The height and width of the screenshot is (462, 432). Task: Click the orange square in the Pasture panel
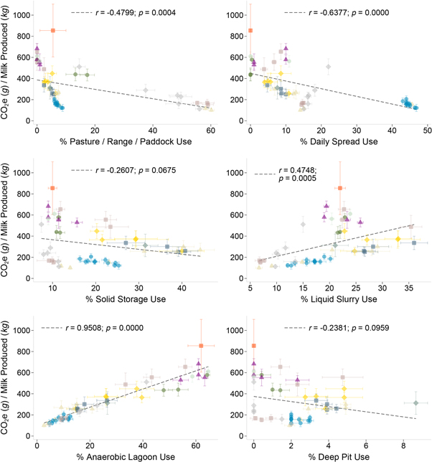click(x=53, y=30)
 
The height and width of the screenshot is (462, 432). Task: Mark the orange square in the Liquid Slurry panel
click(x=340, y=188)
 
